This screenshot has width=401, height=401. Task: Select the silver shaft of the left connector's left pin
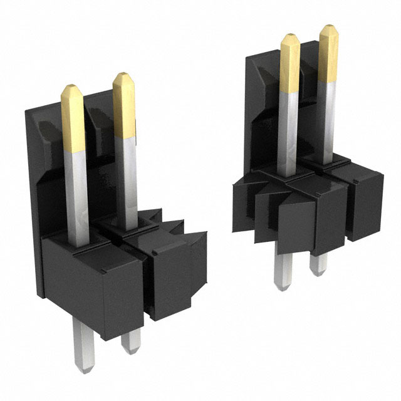[76, 194]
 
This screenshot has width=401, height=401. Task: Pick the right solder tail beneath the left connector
[131, 338]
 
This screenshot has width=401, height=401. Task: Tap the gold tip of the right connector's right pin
[328, 53]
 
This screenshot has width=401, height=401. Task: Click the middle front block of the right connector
[320, 216]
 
